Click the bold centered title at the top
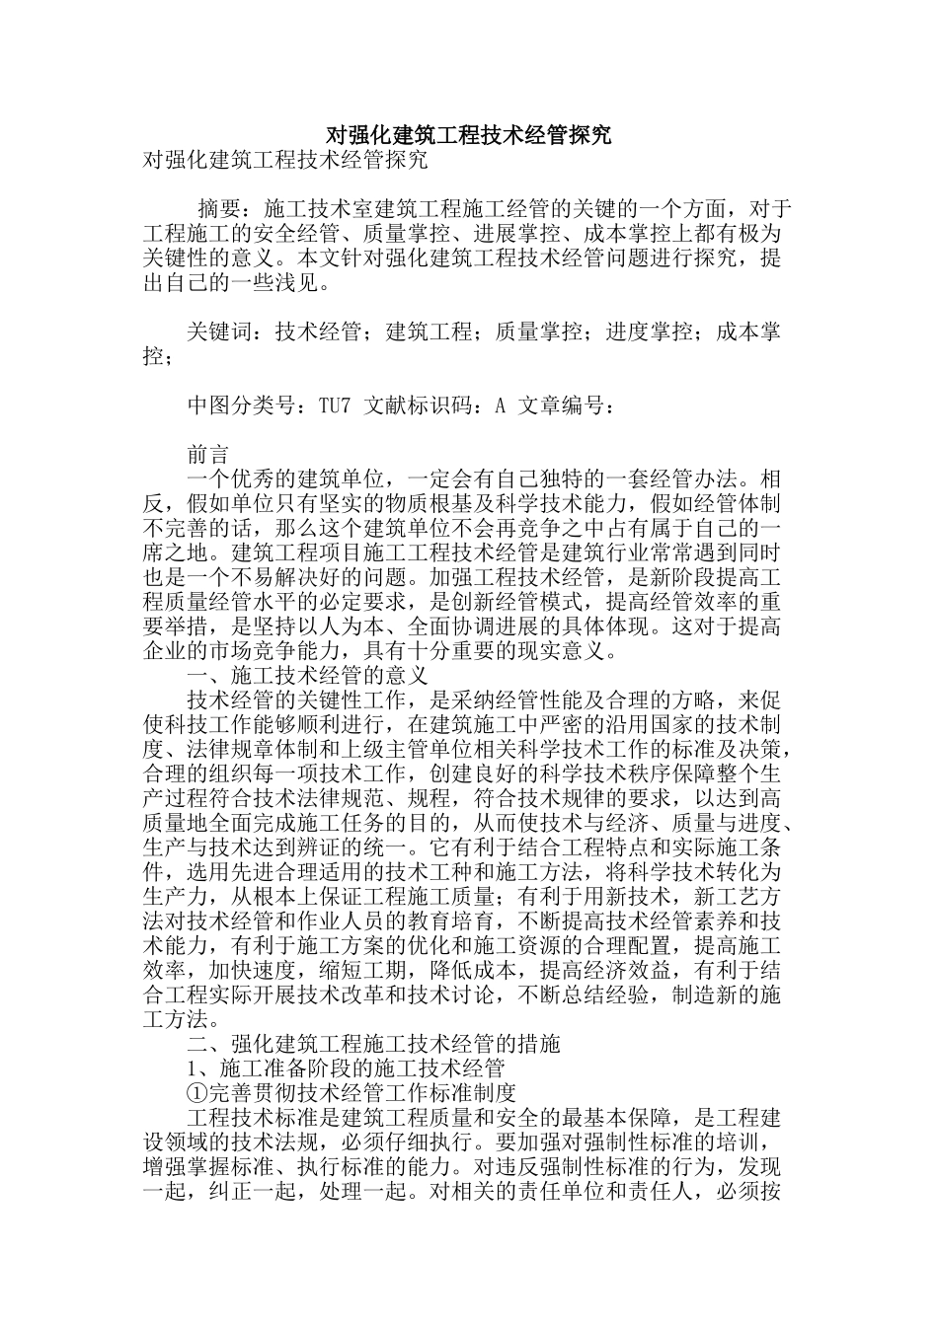tap(468, 135)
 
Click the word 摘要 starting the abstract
tap(219, 209)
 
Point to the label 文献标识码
tap(420, 405)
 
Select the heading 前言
tap(208, 455)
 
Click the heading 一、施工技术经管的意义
tap(307, 676)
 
